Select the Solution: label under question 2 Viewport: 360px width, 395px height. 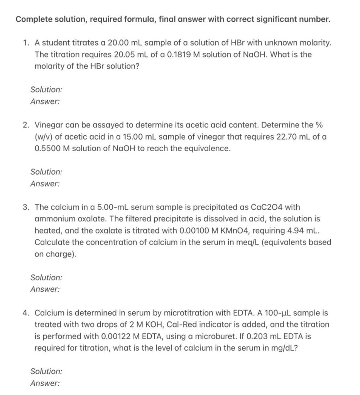46,172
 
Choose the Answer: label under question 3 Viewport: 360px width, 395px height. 45,289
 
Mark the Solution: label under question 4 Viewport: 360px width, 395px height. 46,371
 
